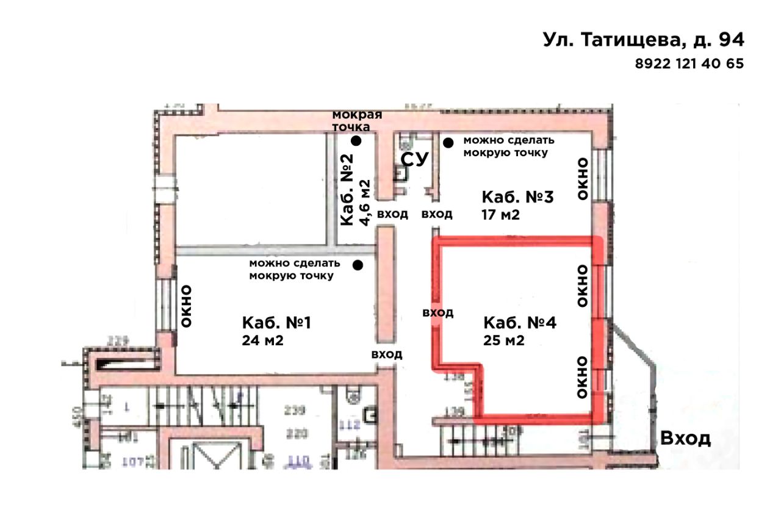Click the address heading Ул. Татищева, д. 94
[643, 40]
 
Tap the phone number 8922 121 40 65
[689, 63]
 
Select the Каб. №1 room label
[276, 323]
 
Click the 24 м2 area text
[263, 340]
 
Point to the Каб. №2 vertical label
[347, 190]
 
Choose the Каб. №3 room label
[517, 198]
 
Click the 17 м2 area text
[501, 215]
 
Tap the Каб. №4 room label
[519, 323]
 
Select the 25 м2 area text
[504, 340]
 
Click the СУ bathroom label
[415, 160]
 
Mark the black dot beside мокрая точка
[356, 141]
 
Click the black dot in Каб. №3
[448, 143]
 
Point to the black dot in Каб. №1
[358, 265]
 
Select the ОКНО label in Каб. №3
[583, 179]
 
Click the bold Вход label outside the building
[686, 439]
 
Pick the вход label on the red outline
[438, 312]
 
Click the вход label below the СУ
[437, 214]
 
